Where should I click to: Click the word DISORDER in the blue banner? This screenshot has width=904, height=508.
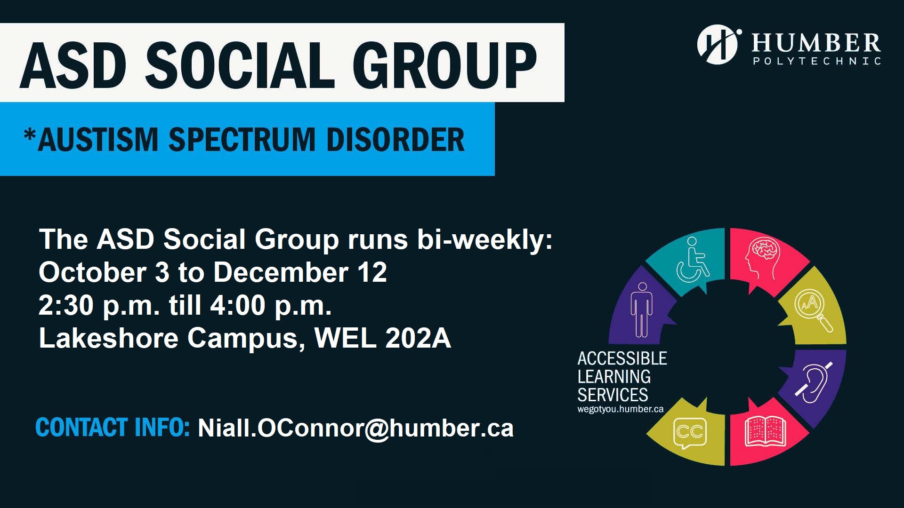coord(395,140)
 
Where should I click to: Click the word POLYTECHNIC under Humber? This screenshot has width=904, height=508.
coord(817,61)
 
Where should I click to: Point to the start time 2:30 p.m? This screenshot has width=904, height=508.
coord(99,305)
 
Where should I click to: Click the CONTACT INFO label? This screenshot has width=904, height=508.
coord(113,427)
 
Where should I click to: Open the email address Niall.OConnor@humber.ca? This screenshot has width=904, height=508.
coord(355,428)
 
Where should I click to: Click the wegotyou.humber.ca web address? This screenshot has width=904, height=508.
coord(620,409)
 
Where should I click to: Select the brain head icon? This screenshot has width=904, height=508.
coord(762,259)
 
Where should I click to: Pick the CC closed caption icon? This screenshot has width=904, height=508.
coord(690,432)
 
